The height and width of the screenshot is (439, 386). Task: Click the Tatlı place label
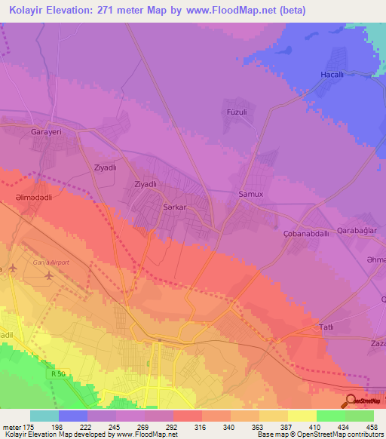[326, 327]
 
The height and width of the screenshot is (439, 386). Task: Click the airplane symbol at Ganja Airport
[50, 275]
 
